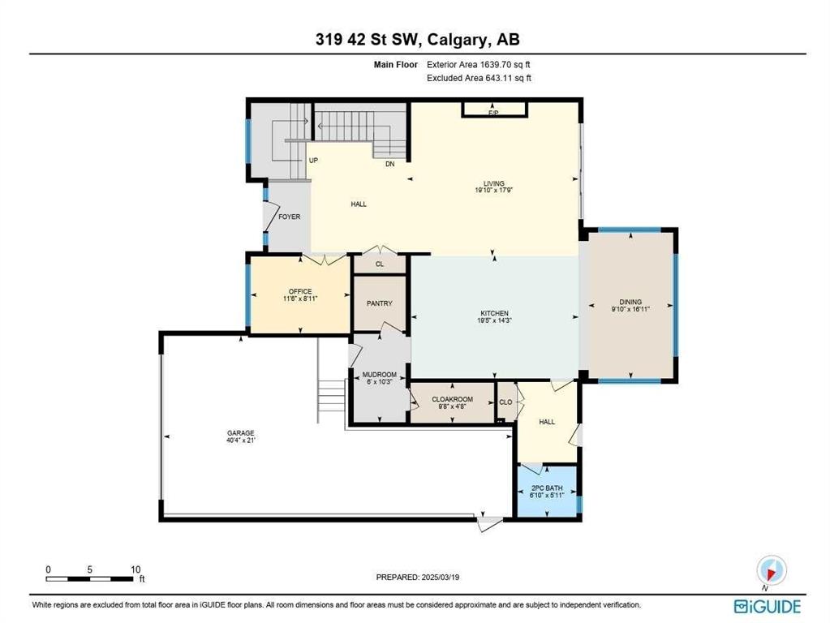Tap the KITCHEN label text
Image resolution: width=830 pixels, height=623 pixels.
point(494,313)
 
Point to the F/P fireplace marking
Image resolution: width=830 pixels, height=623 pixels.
point(492,112)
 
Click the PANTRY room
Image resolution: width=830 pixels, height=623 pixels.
point(379,303)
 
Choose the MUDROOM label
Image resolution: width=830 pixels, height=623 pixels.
point(378,375)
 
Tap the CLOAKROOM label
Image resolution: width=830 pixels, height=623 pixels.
point(452,399)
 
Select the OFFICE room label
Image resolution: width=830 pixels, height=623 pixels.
point(300,292)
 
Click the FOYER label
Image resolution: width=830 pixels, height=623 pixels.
point(289,217)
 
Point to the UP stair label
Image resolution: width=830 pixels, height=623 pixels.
point(313,161)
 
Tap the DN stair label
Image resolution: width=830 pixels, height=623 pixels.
point(389,165)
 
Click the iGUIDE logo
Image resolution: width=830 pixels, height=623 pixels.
point(767,606)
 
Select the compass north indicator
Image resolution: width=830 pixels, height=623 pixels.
point(771,570)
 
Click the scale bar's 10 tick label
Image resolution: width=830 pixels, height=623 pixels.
point(135,569)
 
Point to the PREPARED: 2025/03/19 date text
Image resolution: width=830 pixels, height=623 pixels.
point(423,578)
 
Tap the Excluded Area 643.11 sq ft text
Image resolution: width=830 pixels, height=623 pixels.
point(479,78)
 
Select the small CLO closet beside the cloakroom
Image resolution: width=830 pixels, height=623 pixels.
point(505,402)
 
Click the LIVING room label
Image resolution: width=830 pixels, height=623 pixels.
point(494,185)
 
